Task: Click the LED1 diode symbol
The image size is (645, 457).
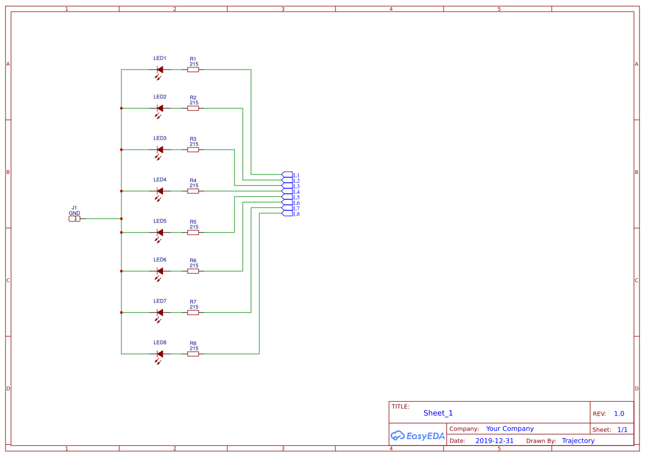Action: [x=160, y=70]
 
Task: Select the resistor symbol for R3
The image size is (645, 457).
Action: [x=193, y=150]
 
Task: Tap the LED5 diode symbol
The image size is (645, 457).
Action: [x=160, y=232]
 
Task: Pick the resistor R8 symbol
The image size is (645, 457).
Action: [x=193, y=354]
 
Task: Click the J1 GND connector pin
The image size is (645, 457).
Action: [x=74, y=219]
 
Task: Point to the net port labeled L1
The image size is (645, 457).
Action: [x=287, y=175]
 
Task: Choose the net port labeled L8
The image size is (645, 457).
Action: [x=287, y=214]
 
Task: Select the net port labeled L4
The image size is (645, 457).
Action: [x=287, y=192]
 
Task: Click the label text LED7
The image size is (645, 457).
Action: [x=160, y=301]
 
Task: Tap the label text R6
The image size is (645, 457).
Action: [x=193, y=261]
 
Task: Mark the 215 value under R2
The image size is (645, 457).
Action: [x=194, y=103]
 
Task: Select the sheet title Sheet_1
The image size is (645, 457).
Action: [x=438, y=413]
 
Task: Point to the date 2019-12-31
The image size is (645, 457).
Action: [x=494, y=441]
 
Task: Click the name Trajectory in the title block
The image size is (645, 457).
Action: [x=578, y=441]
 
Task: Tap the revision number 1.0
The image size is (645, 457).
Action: [x=619, y=413]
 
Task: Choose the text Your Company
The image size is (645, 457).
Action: [x=509, y=429]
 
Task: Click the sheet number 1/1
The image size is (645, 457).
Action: [x=622, y=429]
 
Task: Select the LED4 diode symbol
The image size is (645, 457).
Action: [x=160, y=191]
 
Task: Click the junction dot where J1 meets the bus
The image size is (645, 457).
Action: [x=121, y=219]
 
